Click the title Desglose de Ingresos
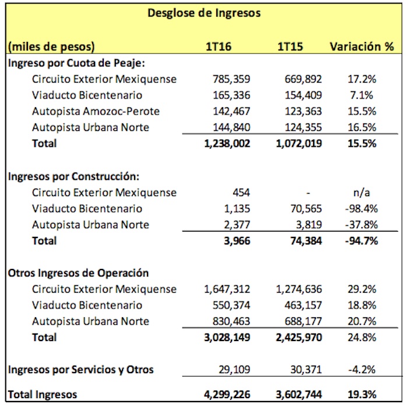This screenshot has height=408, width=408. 204,13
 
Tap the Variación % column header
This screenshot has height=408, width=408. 361,47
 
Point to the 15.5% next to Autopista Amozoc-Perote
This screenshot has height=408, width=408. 361,111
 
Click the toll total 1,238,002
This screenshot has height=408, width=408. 227,143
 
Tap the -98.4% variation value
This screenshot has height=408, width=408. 360,208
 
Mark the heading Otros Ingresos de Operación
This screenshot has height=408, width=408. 78,272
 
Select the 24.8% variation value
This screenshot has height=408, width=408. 361,337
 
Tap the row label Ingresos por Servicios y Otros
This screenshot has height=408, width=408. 80,369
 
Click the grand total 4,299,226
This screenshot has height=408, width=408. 227,394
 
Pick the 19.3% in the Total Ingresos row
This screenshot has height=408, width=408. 361,394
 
